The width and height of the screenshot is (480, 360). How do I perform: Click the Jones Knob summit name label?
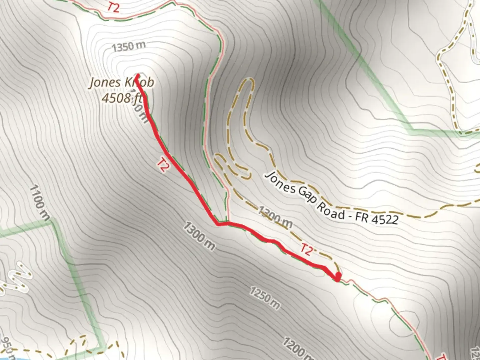coord(122,83)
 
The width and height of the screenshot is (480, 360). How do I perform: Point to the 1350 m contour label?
coord(129,47)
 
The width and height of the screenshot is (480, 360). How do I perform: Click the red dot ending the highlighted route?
coord(338,277)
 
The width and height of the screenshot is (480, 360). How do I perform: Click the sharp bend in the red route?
coord(218,224)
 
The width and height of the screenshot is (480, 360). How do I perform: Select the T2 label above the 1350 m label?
coord(113,7)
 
